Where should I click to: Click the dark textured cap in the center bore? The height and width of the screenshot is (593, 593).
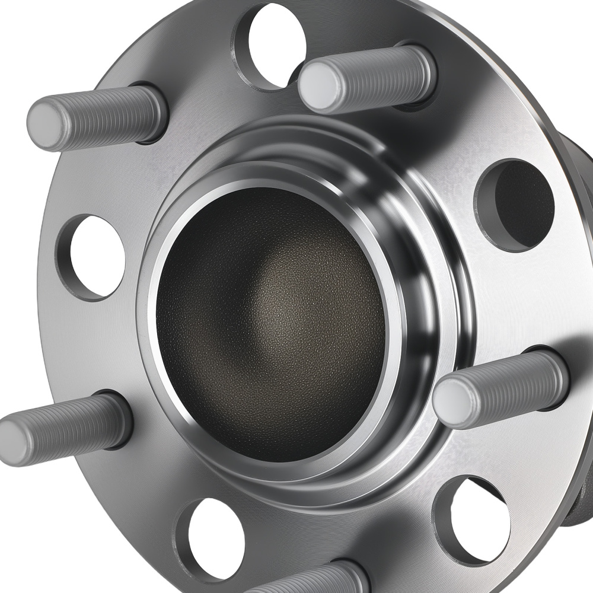270,323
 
